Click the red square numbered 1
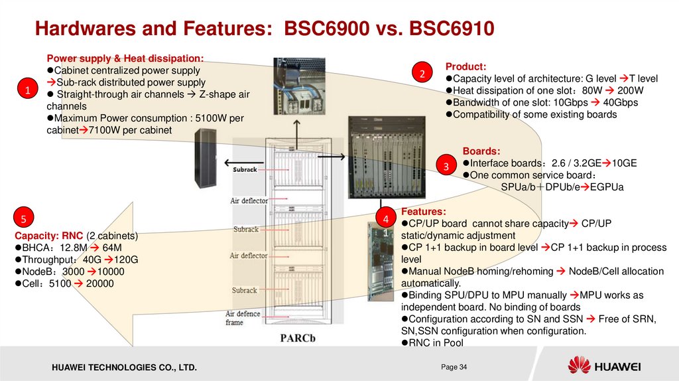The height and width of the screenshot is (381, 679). pyautogui.click(x=28, y=89)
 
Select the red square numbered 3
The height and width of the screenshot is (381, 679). pyautogui.click(x=446, y=165)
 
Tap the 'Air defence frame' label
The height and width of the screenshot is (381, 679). pyautogui.click(x=243, y=318)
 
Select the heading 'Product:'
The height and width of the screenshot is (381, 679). pyautogui.click(x=465, y=66)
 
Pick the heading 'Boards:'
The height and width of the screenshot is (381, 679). pyautogui.click(x=481, y=151)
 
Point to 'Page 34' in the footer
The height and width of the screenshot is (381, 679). pyautogui.click(x=454, y=367)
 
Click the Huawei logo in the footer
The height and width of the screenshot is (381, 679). pyautogui.click(x=603, y=366)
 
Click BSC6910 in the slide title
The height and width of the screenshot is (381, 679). pyautogui.click(x=452, y=29)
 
